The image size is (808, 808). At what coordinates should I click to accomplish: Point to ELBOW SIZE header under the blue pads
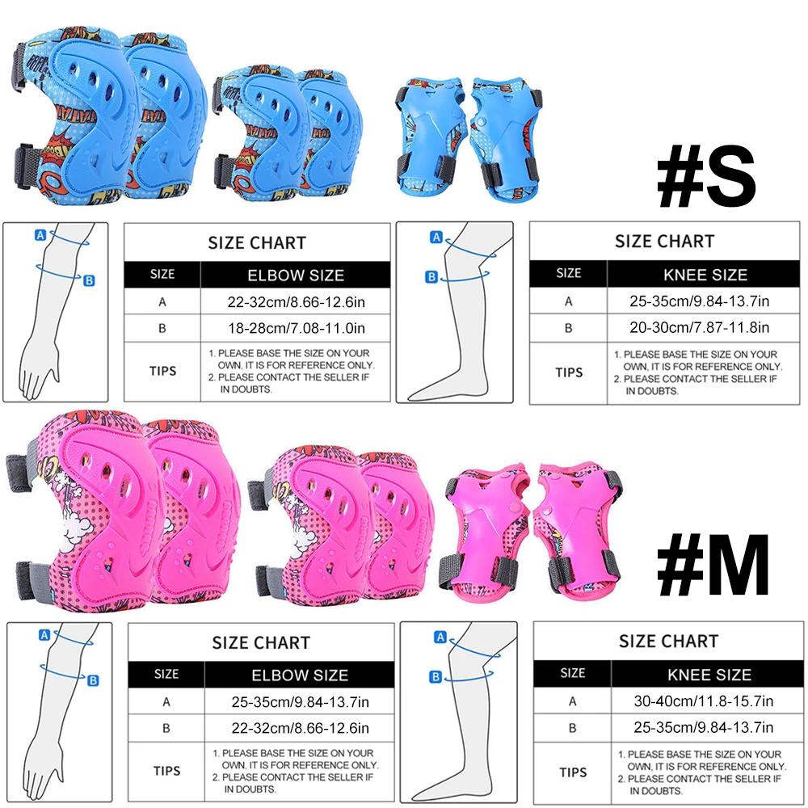click(x=296, y=275)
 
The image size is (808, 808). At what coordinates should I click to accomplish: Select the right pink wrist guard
click(x=579, y=527)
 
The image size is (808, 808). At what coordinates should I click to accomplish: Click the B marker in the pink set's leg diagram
click(x=436, y=676)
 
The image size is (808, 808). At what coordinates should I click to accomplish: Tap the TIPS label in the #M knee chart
click(x=573, y=771)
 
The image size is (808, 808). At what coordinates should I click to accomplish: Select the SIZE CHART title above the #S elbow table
click(x=257, y=242)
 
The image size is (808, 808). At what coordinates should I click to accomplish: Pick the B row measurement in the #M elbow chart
click(x=299, y=728)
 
